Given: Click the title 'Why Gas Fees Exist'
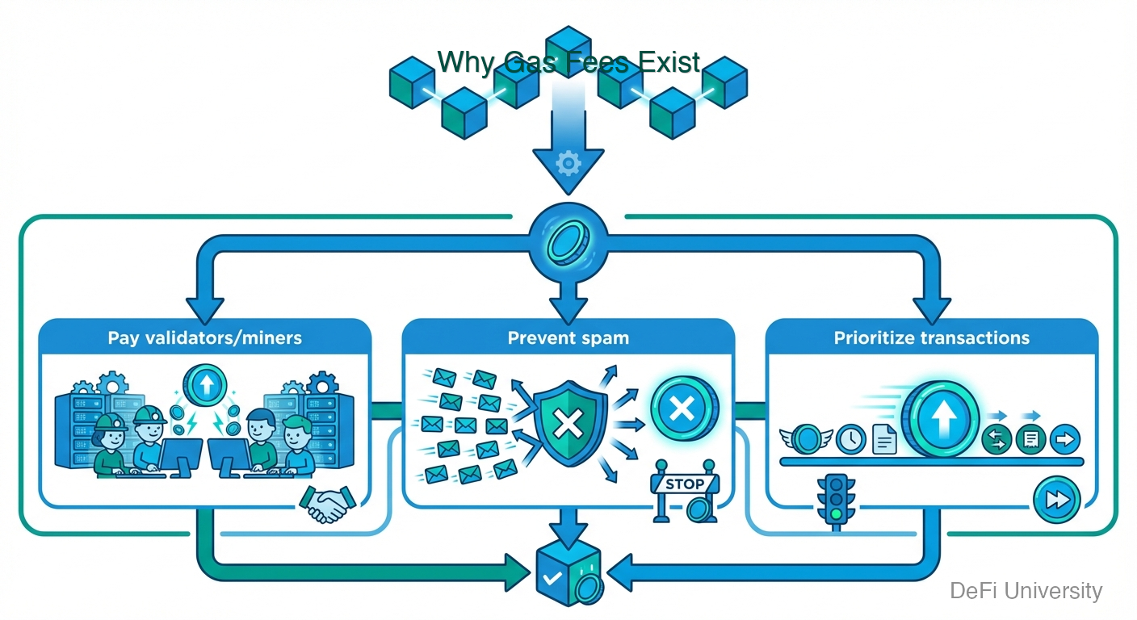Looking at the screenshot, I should click(568, 61).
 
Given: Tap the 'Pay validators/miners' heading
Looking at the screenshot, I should click(205, 337).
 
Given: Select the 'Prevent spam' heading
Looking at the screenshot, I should click(568, 337).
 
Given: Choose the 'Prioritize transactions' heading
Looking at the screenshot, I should click(932, 337).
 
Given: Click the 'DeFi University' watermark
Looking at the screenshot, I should click(1026, 591).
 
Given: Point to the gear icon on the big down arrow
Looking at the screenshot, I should click(568, 164).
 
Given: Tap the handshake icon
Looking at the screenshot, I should click(328, 505).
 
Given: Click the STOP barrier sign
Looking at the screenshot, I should click(683, 485).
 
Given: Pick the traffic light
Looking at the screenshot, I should click(835, 501).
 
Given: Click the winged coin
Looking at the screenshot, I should click(805, 439).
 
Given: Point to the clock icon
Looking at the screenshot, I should click(851, 439).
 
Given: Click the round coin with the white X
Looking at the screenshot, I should click(682, 408).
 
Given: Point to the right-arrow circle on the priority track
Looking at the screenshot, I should click(1064, 439).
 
